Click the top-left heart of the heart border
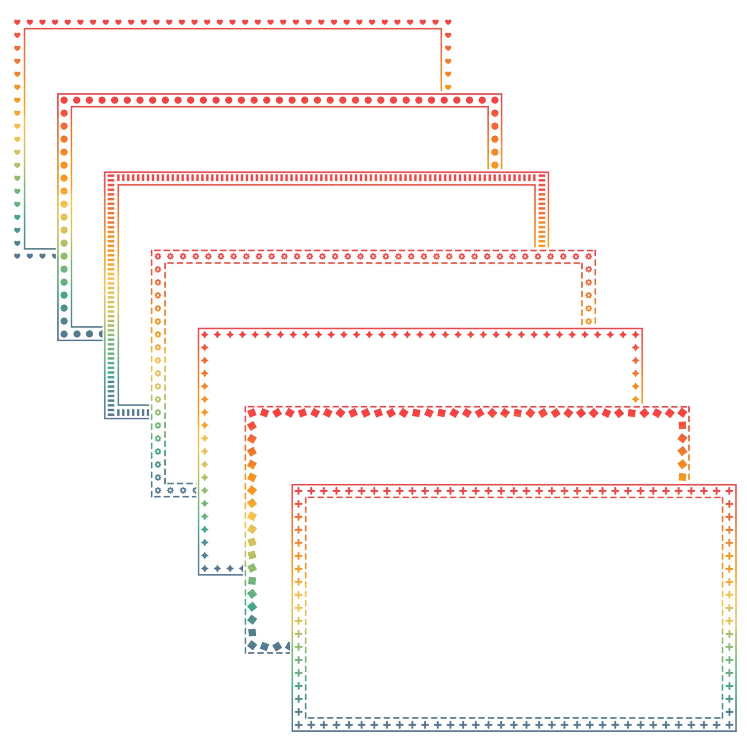click(17, 22)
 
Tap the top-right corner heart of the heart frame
click(448, 22)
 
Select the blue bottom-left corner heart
click(17, 256)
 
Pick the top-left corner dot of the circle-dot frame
click(64, 100)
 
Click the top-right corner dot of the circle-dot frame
click(494, 100)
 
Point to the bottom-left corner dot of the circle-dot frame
click(64, 334)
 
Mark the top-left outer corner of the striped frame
click(105, 172)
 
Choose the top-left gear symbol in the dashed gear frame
click(158, 256)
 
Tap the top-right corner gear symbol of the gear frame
click(588, 256)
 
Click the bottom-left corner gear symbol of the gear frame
click(158, 491)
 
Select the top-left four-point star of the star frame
click(205, 334)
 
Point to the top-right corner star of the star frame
click(635, 334)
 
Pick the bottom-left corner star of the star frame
click(205, 569)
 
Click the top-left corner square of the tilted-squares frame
click(252, 413)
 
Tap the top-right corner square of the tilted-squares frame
click(683, 413)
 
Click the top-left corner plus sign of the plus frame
click(299, 491)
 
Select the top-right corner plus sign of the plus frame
click(729, 491)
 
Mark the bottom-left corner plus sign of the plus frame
click(299, 725)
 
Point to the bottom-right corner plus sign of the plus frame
click(729, 725)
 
